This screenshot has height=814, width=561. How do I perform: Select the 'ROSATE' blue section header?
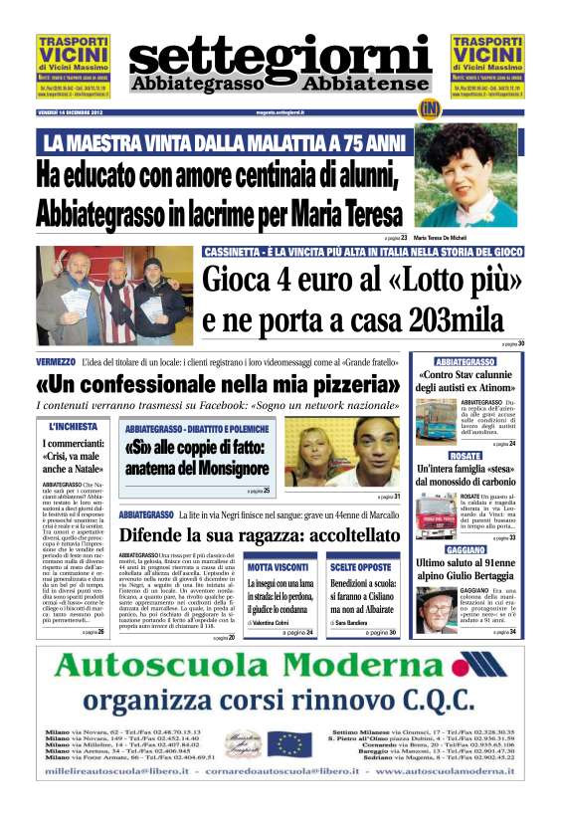[x=466, y=455]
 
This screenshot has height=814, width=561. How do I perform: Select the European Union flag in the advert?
[x=291, y=742]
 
